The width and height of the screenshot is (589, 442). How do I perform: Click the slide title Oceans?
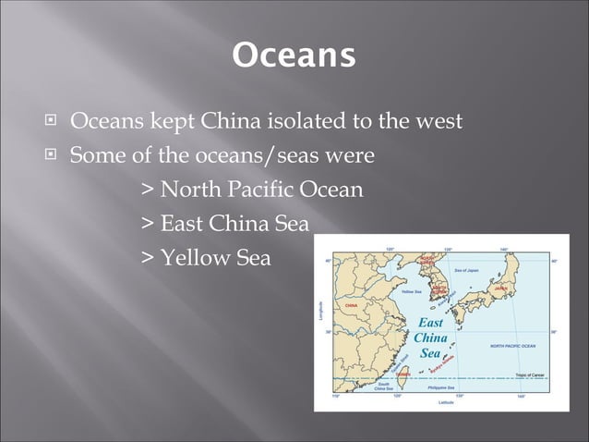(294, 55)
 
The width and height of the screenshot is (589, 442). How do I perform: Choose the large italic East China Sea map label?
(430, 338)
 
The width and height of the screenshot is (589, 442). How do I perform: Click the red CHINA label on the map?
(352, 304)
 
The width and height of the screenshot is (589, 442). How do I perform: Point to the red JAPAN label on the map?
(500, 288)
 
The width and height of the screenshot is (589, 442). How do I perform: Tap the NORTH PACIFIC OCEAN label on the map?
(512, 345)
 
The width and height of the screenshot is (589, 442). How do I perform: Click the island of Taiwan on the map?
(403, 374)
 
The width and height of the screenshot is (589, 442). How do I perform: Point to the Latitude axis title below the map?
(445, 403)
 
